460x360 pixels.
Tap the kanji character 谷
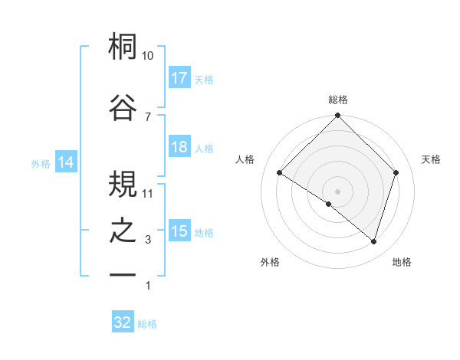coord(123,106)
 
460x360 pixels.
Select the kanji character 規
coord(123,183)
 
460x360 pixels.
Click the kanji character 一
coord(123,274)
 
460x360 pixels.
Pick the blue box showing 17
coord(179,78)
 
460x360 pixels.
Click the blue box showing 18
coord(179,148)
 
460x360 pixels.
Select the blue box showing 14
coord(66,162)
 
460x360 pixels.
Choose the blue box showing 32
coord(123,322)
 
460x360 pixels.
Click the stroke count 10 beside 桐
coord(148,56)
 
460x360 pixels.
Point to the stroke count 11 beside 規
coord(148,193)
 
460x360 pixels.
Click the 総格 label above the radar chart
coord(338,100)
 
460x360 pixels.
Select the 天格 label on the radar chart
coord(432,159)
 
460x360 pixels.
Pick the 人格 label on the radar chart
coord(245,159)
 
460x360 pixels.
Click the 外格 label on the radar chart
coord(270,262)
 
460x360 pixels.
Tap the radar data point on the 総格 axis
coord(338,116)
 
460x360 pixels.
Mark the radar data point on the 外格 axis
coord(328,205)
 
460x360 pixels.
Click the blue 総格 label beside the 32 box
coord(148,324)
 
